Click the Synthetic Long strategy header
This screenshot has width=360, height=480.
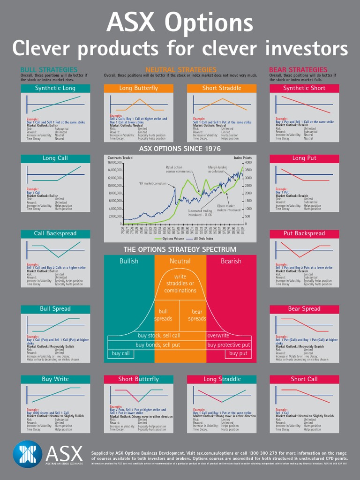click(x=55, y=88)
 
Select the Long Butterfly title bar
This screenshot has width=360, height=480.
click(x=138, y=88)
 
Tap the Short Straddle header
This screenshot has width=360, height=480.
click(x=222, y=88)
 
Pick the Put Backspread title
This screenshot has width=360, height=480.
click(x=304, y=233)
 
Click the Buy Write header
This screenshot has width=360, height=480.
click(x=55, y=379)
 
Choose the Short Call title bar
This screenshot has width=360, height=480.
click(x=304, y=379)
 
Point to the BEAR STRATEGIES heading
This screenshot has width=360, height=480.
click(x=298, y=70)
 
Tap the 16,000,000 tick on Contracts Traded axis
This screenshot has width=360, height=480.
click(x=115, y=163)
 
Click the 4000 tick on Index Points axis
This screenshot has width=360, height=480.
click(x=248, y=163)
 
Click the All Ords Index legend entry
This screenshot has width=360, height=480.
click(x=206, y=239)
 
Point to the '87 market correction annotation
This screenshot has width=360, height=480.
click(x=152, y=183)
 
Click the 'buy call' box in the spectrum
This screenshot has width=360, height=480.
click(x=121, y=353)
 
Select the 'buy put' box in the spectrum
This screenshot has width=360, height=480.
click(x=238, y=353)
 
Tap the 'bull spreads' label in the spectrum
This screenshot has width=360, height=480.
click(x=163, y=315)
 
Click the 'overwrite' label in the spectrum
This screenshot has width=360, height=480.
click(x=218, y=336)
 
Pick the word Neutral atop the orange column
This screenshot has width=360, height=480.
click(x=180, y=261)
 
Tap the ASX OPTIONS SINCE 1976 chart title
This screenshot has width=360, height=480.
click(x=180, y=149)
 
